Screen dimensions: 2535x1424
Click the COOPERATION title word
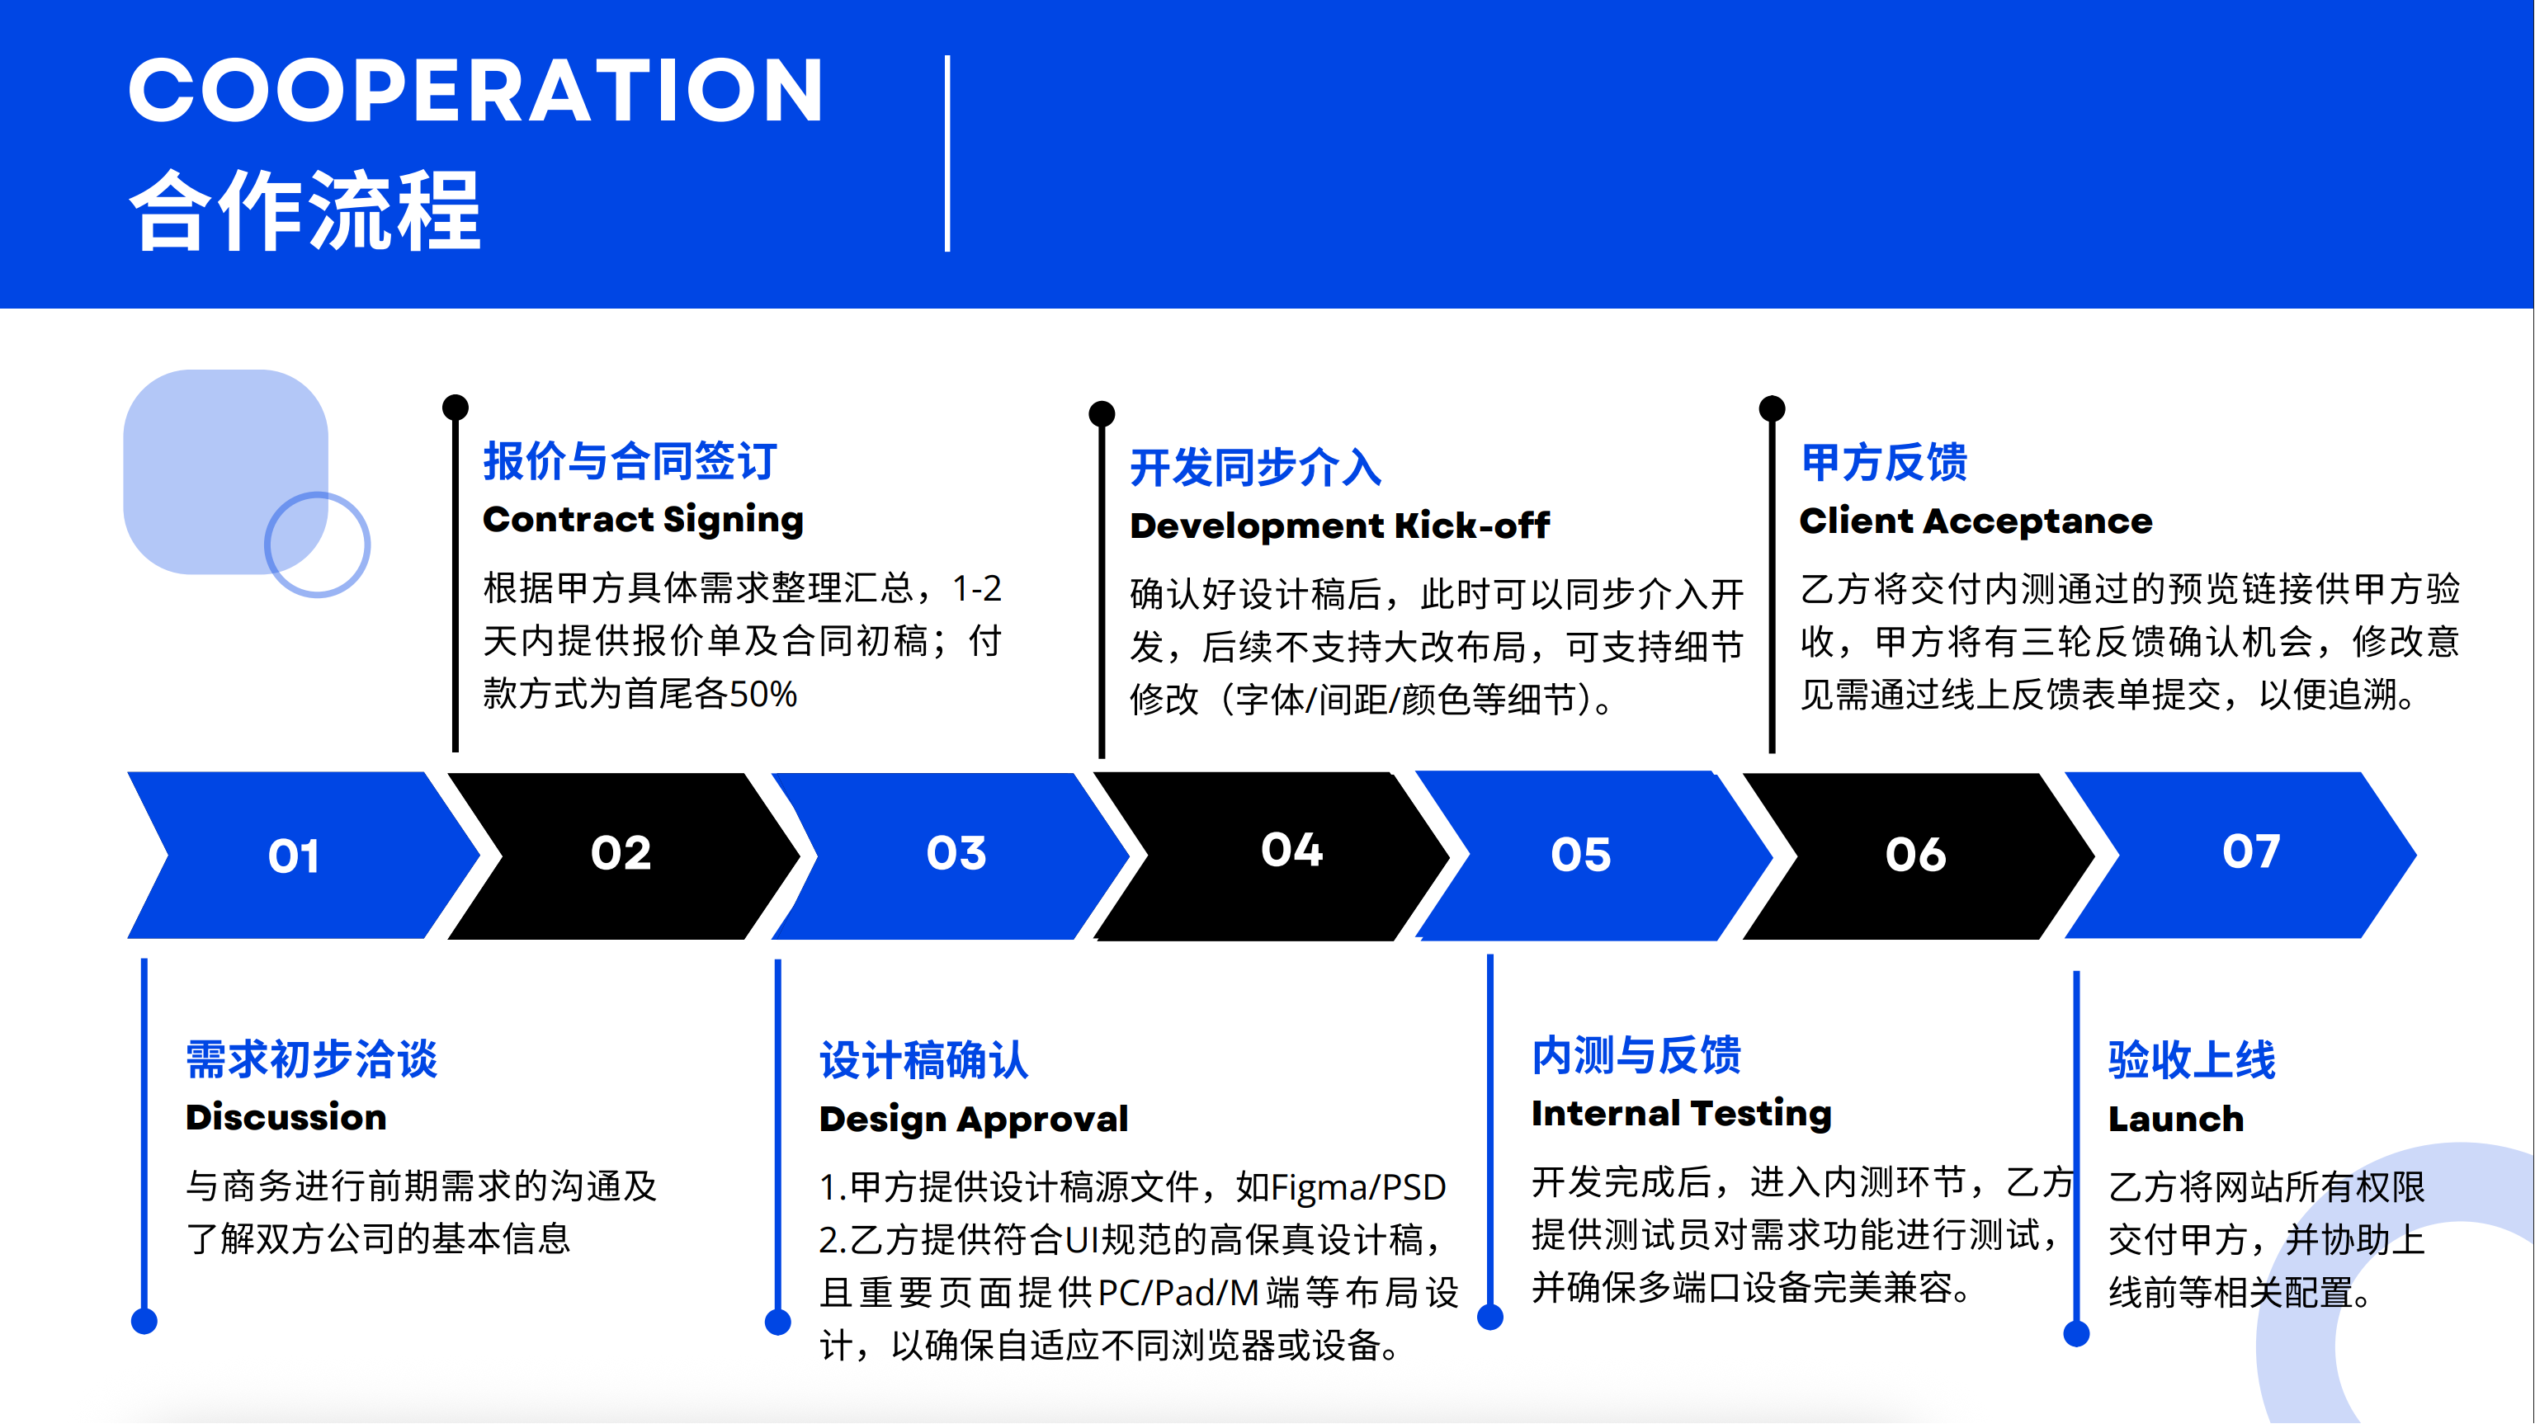[x=476, y=90]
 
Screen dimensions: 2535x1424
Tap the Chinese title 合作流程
[x=305, y=210]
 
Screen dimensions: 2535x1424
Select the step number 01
[x=293, y=856]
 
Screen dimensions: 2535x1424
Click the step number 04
[x=1292, y=849]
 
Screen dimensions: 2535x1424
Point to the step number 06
[x=1916, y=854]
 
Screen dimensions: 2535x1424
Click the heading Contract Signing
[x=644, y=520]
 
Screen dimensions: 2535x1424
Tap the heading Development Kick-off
[x=1339, y=526]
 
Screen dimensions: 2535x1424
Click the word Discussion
[x=286, y=1117]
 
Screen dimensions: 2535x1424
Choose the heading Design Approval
[x=973, y=1120]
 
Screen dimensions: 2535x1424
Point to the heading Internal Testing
[x=1682, y=1114]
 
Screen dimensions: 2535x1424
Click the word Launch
[x=2176, y=1119]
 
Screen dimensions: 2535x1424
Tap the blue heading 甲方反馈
[x=1884, y=461]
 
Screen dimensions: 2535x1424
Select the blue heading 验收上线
[x=2192, y=1060]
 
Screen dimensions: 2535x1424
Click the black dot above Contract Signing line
[x=455, y=407]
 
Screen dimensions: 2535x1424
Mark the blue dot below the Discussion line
[x=144, y=1322]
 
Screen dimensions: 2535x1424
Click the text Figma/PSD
[x=1358, y=1188]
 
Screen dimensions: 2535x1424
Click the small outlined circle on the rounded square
[x=317, y=545]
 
